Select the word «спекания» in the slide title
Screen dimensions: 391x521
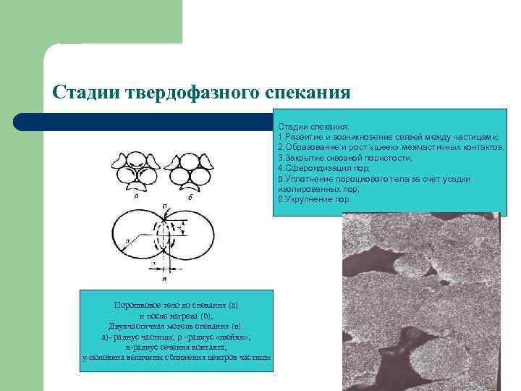(x=308, y=92)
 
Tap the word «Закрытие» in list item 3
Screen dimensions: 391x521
(x=301, y=157)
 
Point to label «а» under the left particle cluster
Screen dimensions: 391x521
(x=136, y=194)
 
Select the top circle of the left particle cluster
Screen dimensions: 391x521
(x=135, y=160)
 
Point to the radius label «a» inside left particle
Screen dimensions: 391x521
(x=127, y=237)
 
